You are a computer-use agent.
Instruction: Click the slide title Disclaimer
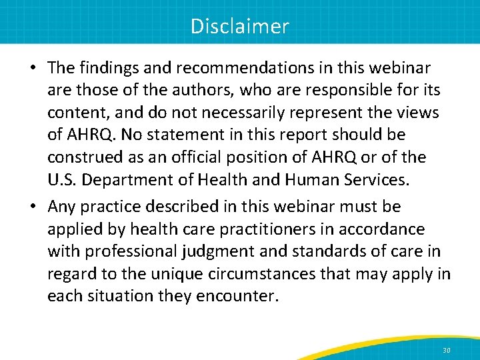coord(240,26)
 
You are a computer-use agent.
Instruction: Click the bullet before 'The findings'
coord(32,68)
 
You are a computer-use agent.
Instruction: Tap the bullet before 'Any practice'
coord(32,207)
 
